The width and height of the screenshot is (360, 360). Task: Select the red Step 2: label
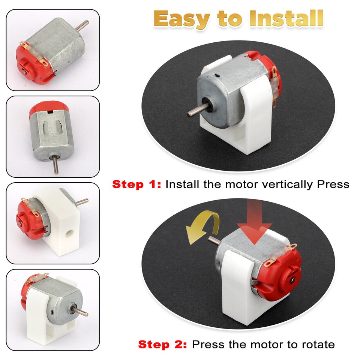click(163, 344)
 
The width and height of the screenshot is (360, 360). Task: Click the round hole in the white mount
click(70, 234)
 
